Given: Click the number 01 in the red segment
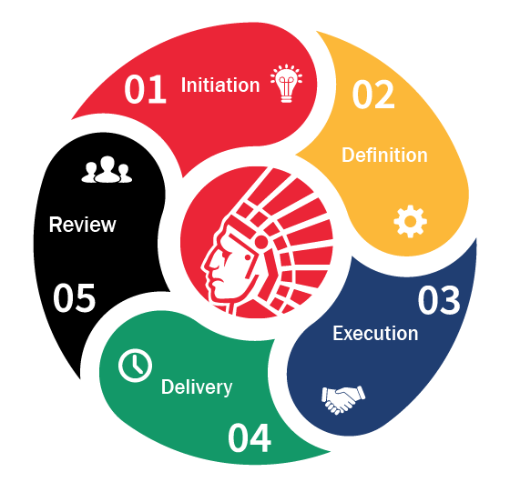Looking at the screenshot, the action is (146, 89).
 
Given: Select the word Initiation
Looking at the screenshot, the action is (220, 85).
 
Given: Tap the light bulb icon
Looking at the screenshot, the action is (286, 83).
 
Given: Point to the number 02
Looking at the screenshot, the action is (373, 95).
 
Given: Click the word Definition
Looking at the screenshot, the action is (384, 155).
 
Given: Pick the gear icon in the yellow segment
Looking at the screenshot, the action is (410, 221).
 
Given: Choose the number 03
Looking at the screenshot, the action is (439, 300).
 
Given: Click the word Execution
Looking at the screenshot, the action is (375, 333).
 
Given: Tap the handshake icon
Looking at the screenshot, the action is (343, 399).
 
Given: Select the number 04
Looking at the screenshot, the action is (250, 437).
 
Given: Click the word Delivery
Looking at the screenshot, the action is (197, 387).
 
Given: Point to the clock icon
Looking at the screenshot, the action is (135, 365).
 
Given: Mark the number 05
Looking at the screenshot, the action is (74, 298).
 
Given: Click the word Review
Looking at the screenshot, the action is (82, 225).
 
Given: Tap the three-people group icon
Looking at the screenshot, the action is (107, 169).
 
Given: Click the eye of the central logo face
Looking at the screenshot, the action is (248, 257).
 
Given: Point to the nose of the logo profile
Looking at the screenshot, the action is (206, 266).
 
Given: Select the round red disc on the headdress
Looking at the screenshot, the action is (260, 243).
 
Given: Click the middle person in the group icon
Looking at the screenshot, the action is (107, 169).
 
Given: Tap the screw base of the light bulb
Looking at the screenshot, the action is (286, 97).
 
